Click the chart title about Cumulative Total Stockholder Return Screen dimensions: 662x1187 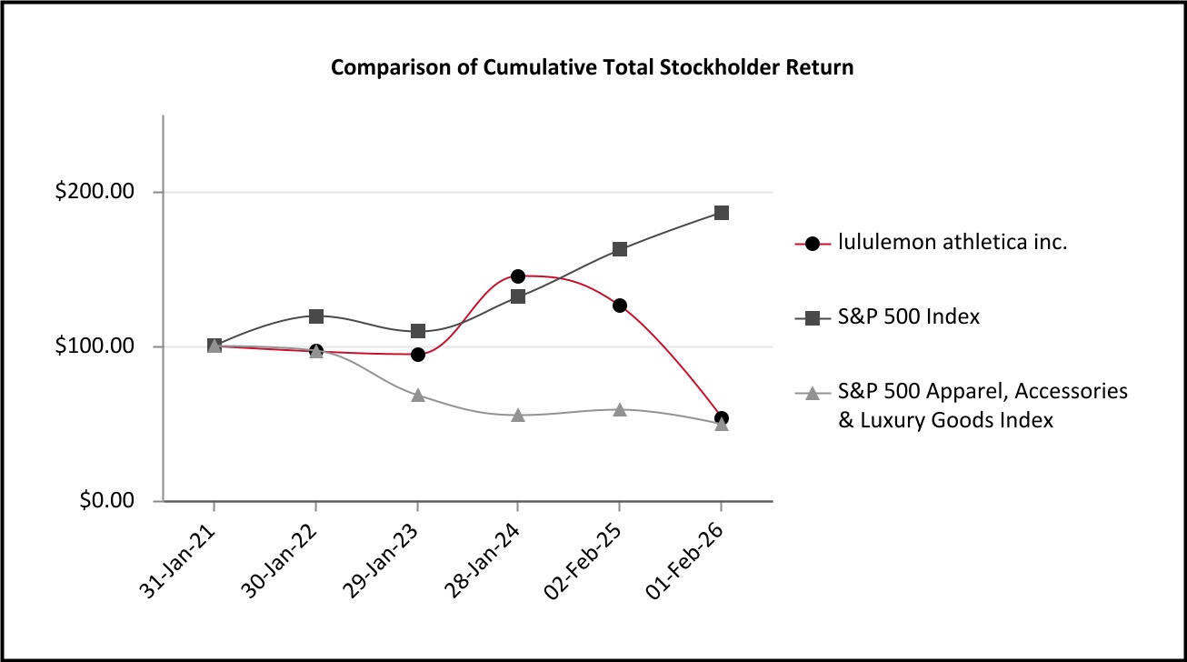click(592, 67)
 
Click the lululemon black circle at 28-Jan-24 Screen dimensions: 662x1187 click(518, 276)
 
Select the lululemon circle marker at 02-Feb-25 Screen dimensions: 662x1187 click(620, 306)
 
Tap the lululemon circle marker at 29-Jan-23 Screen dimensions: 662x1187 click(417, 355)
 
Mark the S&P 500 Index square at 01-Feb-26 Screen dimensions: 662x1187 click(722, 213)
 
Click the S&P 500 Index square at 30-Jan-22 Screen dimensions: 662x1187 click(315, 316)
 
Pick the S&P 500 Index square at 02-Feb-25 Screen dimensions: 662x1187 click(620, 249)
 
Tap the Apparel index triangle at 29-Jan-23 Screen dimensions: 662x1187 click(417, 395)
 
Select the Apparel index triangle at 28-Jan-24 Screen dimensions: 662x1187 click(518, 415)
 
